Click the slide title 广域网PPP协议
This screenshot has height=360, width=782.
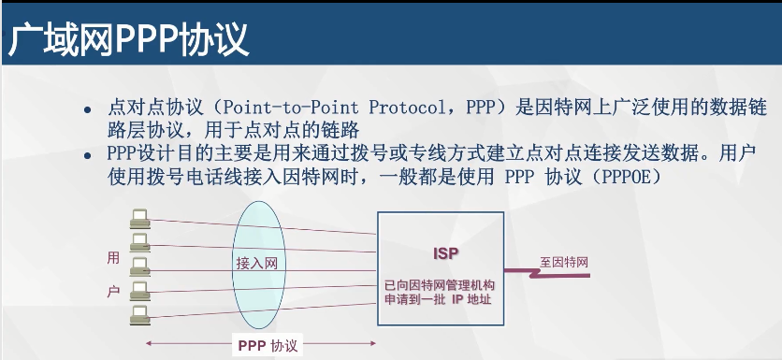[128, 39]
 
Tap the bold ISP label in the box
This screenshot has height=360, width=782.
[445, 253]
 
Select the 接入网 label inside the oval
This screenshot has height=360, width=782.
[257, 264]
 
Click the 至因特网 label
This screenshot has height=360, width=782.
[564, 262]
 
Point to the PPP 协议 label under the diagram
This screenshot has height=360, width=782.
[268, 346]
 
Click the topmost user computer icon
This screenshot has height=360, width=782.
[139, 219]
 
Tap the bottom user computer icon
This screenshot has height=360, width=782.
[139, 315]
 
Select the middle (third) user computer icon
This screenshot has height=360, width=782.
[139, 266]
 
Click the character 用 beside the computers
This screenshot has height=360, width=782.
[114, 258]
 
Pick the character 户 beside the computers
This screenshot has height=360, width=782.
[114, 291]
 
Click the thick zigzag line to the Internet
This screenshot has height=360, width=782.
[547, 273]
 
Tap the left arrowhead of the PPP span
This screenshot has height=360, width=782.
[148, 343]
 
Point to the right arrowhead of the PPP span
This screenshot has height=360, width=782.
[372, 343]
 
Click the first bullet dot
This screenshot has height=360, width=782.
[88, 109]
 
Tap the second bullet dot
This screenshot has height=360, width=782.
[88, 155]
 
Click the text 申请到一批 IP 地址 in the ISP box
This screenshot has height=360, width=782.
[438, 299]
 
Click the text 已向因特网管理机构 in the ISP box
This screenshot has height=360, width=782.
[440, 286]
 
